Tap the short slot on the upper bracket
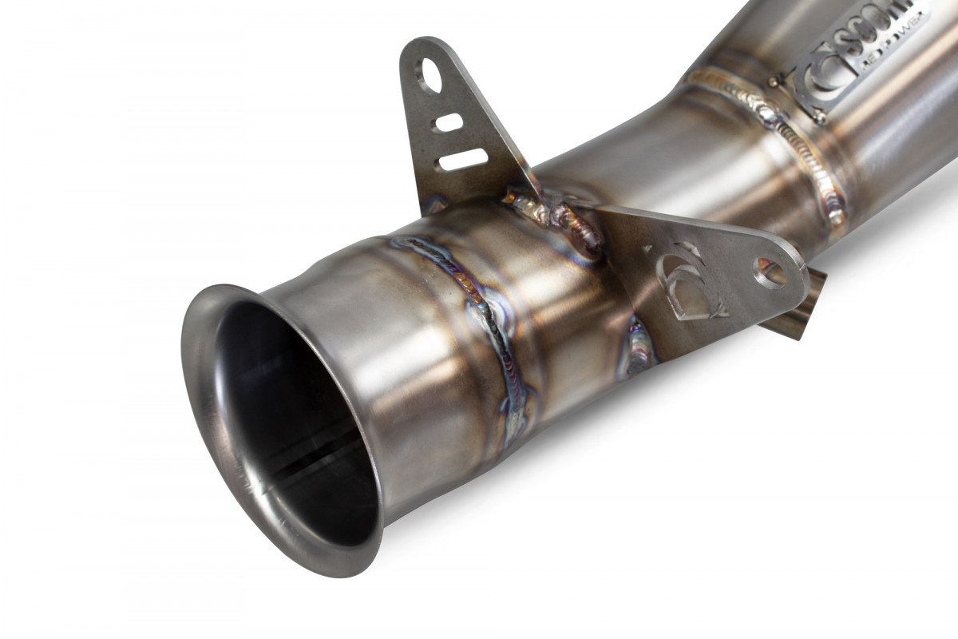click(x=449, y=122)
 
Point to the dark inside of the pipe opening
click(x=295, y=415)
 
